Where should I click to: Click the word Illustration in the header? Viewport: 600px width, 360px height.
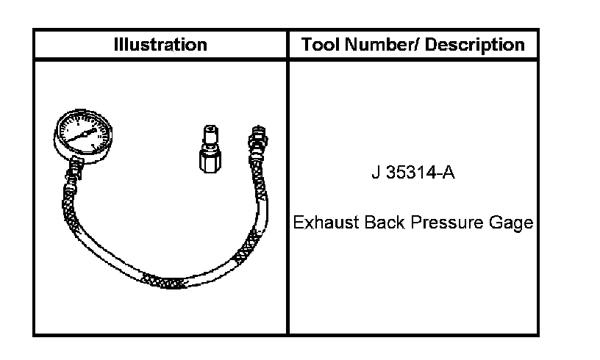(x=160, y=44)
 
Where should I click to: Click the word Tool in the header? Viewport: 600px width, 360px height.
(x=321, y=44)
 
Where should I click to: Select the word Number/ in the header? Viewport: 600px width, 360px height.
(x=382, y=44)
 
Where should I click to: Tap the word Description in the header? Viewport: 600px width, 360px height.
(x=474, y=45)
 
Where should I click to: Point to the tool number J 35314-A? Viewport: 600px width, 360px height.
(x=413, y=173)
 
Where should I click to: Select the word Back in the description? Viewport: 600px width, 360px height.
(x=385, y=223)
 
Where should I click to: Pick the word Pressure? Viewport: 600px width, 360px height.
(x=447, y=223)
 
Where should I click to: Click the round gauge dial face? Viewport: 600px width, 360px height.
(x=82, y=134)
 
